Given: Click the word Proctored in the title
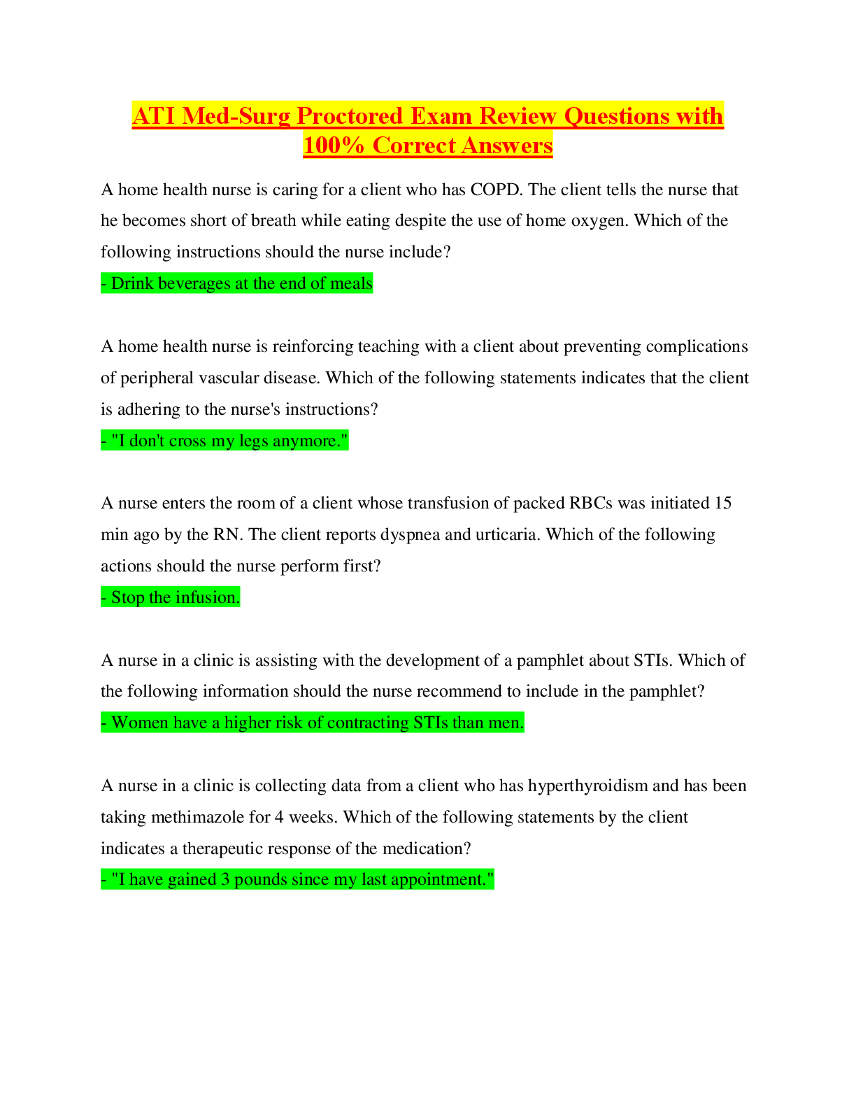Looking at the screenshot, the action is click(350, 116).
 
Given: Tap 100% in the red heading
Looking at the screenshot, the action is click(334, 145).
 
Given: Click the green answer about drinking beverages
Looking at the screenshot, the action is click(236, 283).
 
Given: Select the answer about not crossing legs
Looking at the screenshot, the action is click(224, 441).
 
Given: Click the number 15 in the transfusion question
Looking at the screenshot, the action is click(723, 503).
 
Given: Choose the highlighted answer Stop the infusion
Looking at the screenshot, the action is click(170, 597).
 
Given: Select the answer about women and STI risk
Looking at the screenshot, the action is click(312, 723).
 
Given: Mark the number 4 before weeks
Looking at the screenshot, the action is click(279, 818).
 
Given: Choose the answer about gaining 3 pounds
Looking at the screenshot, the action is click(297, 879).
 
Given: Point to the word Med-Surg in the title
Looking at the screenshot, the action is click(236, 116).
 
